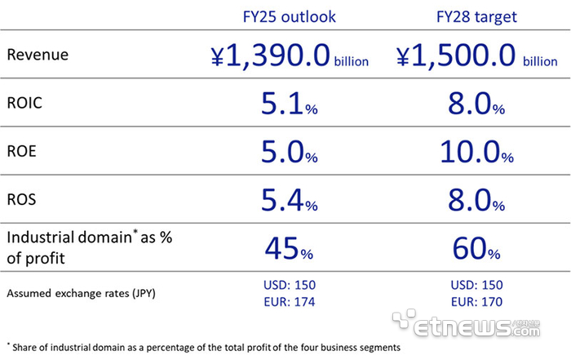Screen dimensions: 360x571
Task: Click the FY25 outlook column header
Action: [x=290, y=16]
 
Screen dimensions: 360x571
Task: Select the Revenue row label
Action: [x=38, y=55]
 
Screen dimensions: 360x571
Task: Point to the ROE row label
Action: [x=24, y=151]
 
